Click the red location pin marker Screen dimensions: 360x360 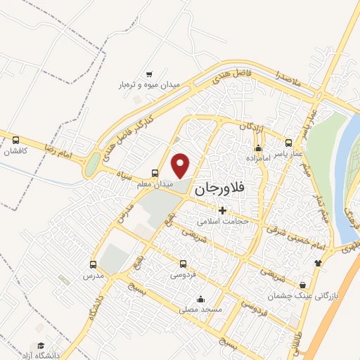point(181,165)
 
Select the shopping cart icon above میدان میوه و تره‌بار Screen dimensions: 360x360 point(149,75)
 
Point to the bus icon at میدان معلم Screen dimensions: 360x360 point(155,173)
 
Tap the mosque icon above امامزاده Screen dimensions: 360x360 point(258,148)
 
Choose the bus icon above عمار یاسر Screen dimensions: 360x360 point(288,142)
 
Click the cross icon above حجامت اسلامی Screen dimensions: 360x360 point(222,210)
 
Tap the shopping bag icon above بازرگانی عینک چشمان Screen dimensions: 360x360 point(302,285)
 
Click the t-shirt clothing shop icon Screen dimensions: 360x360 point(318,263)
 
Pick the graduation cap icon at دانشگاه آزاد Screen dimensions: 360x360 point(41,345)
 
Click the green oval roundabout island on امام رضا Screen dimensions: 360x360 point(92,165)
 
